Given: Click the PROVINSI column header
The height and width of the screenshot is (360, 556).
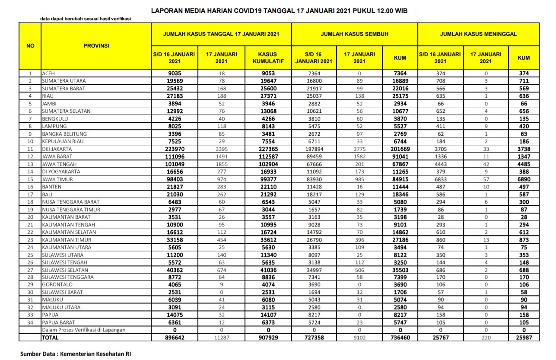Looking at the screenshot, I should (x=96, y=45).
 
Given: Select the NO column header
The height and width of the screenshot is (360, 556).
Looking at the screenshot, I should (x=31, y=45).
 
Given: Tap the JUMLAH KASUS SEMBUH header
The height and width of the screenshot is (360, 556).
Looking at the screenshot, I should (x=354, y=34).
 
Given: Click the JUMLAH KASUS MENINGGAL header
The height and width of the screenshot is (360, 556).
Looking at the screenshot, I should (x=478, y=34).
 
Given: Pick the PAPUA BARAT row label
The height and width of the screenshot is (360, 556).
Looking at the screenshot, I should (x=58, y=322).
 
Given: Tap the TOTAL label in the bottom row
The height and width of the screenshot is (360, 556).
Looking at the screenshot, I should (x=50, y=338).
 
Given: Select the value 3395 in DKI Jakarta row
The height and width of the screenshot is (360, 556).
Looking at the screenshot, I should (x=221, y=149).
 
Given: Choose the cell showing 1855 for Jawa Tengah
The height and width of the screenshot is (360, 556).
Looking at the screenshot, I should (x=221, y=164).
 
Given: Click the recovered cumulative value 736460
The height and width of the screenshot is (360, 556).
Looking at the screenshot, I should (x=400, y=338).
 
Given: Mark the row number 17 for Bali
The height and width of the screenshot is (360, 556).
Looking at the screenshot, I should (x=31, y=194).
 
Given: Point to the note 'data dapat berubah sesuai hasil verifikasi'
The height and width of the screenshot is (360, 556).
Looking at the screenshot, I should (x=86, y=19).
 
